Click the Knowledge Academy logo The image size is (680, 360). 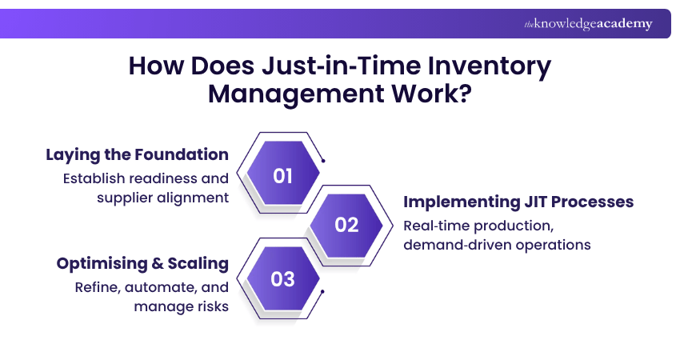pos(588,24)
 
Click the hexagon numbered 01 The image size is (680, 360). pos(282,176)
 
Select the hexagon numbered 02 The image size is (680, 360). pos(346,225)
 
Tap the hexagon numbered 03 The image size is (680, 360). pos(282,279)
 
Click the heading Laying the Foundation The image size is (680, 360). pos(137,154)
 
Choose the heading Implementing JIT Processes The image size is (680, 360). pos(518,202)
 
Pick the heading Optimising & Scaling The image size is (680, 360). pos(142,263)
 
